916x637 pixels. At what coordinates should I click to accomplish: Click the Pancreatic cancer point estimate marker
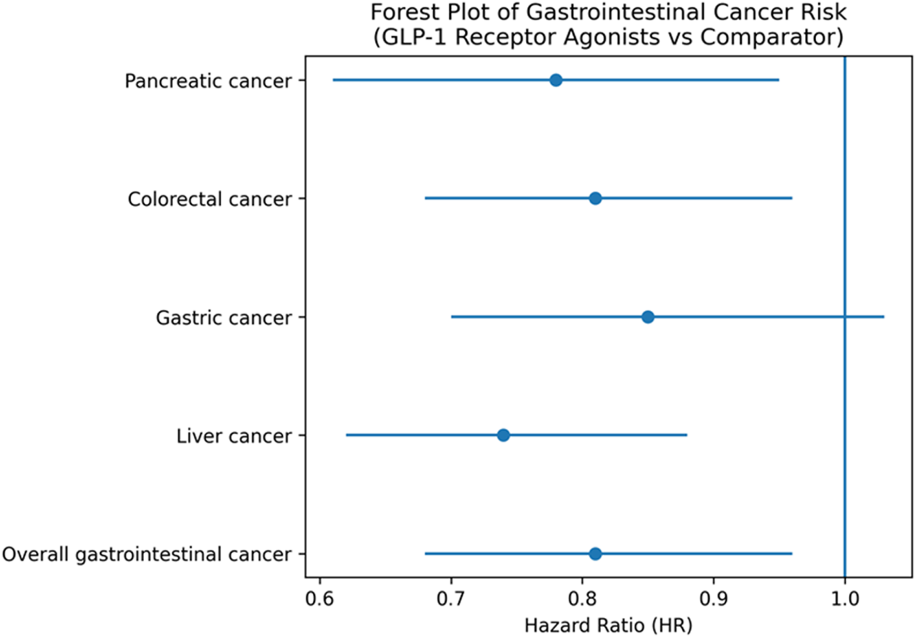coord(556,80)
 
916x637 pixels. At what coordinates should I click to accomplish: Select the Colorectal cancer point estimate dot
coord(595,199)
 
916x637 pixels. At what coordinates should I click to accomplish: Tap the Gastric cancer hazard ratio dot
coord(648,317)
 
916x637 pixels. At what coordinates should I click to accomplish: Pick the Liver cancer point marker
coord(503,435)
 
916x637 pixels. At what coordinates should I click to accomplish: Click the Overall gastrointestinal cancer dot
coord(595,554)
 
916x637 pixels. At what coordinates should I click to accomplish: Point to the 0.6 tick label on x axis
coord(320,599)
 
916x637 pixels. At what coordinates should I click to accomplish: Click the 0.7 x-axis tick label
coord(451,599)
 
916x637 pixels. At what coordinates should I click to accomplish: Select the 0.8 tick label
coord(583,599)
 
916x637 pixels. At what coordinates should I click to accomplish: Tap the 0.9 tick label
coord(714,599)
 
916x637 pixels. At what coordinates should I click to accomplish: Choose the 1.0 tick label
coord(845,599)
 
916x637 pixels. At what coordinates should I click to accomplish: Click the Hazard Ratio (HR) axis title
coord(608,625)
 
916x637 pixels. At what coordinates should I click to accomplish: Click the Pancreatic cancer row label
coord(208,81)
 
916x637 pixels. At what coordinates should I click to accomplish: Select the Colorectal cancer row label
coord(210,199)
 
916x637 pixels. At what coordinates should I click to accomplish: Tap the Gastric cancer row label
coord(224,317)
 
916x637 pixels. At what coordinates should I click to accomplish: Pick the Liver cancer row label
coord(234,436)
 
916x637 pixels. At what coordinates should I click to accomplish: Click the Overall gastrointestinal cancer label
coord(147,554)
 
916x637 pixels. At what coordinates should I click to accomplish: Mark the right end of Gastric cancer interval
coord(883,317)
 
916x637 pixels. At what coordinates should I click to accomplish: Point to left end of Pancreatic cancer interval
coord(333,80)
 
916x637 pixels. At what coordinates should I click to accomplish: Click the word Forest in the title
coord(402,12)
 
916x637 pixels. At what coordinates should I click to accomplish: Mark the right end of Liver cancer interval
coord(686,435)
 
